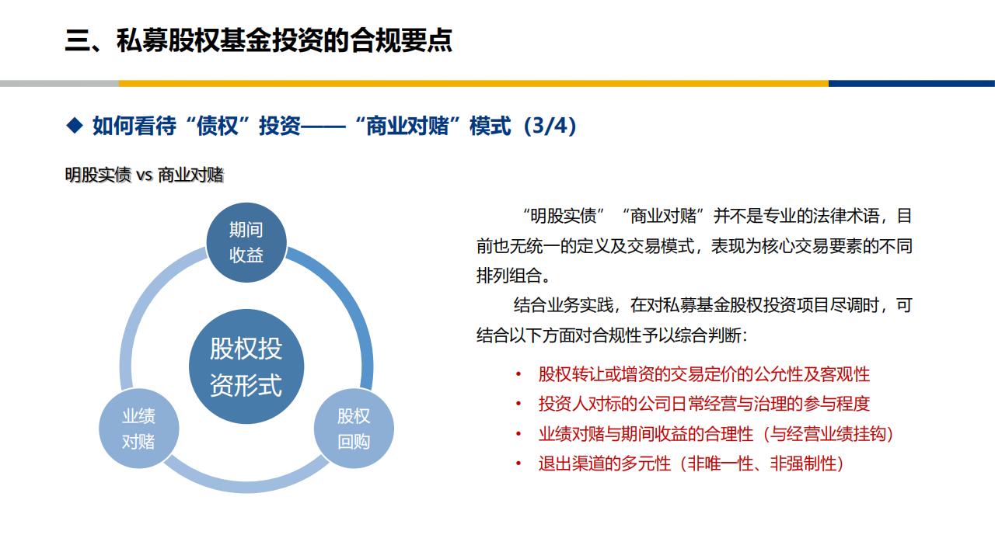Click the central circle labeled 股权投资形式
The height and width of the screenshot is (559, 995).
click(246, 366)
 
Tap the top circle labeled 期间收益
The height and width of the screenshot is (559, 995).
click(246, 242)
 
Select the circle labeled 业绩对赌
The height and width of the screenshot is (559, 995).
click(138, 429)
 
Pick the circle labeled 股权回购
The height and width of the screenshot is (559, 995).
click(354, 429)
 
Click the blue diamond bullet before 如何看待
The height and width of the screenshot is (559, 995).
click(75, 125)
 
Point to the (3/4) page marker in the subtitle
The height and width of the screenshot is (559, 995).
click(550, 126)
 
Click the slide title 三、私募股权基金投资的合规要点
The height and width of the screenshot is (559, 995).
click(259, 41)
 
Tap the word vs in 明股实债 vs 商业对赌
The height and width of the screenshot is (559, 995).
click(145, 175)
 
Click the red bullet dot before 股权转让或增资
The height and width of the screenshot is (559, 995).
click(518, 374)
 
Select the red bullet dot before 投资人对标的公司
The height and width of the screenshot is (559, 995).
click(518, 404)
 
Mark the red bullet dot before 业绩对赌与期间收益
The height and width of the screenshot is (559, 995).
click(518, 433)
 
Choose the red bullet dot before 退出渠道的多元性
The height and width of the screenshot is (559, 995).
click(518, 464)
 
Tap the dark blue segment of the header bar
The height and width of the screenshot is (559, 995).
click(912, 83)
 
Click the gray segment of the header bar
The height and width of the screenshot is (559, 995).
click(60, 83)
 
